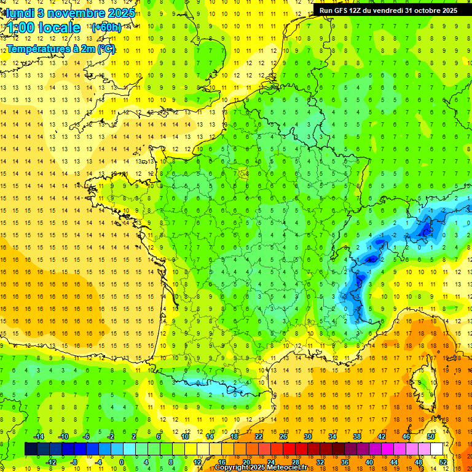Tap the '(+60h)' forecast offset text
[x=106, y=28]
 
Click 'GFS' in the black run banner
[x=345, y=10]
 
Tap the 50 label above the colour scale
[x=431, y=436]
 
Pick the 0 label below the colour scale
[x=122, y=462]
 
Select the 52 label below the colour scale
[x=442, y=462]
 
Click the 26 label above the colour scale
[x=283, y=436]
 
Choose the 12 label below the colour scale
[x=197, y=462]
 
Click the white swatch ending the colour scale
[x=437, y=449]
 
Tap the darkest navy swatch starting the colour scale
[x=31, y=449]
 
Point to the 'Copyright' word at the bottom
[x=233, y=468]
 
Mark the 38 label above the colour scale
[x=357, y=436]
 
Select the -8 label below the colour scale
[x=74, y=462]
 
